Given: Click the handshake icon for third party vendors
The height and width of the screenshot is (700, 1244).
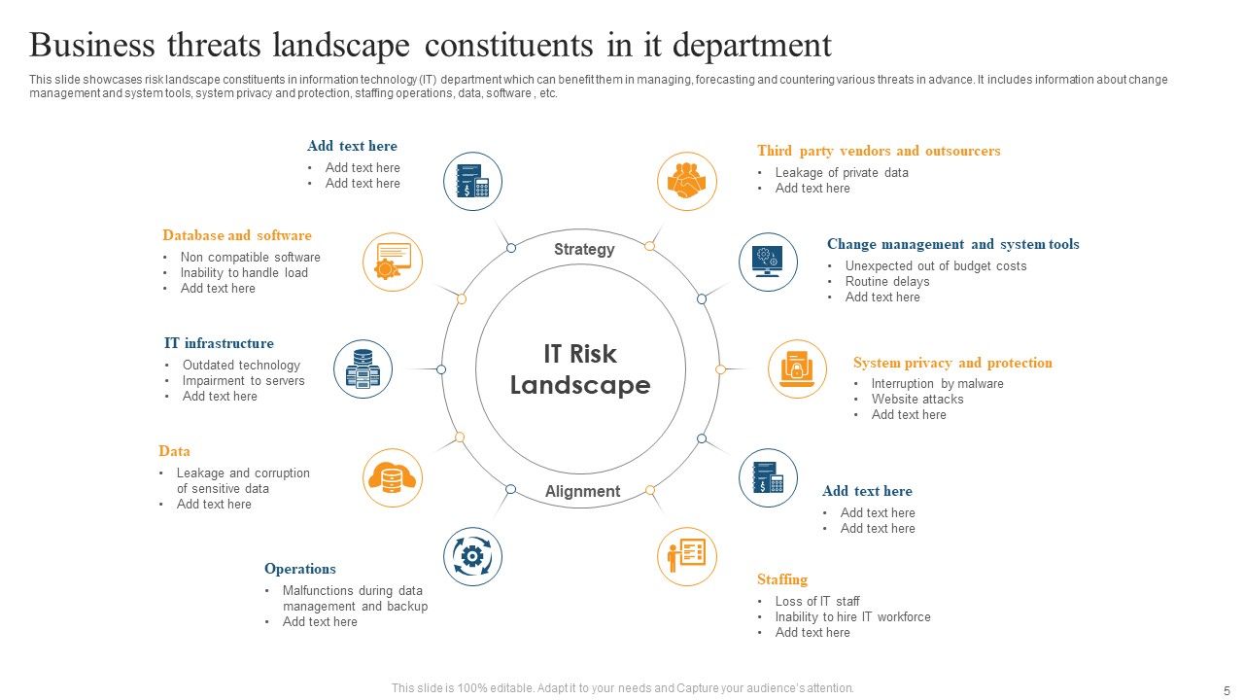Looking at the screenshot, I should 687,181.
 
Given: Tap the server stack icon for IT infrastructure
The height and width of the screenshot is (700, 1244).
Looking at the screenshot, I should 363,369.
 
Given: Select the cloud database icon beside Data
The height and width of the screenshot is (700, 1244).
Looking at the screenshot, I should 393,478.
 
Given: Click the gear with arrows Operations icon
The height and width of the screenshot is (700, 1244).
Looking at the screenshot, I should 472,556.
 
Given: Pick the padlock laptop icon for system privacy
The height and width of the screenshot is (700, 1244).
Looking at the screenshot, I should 797,369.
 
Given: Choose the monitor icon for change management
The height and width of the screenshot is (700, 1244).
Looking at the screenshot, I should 768,262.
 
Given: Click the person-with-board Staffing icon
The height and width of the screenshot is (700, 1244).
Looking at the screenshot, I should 687,557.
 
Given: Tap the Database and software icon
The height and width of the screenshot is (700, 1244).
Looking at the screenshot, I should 393,262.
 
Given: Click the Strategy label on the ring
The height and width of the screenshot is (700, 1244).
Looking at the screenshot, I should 584,250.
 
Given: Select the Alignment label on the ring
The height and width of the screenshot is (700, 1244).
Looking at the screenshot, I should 582,492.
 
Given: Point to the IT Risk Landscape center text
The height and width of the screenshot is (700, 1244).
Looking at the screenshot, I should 580,369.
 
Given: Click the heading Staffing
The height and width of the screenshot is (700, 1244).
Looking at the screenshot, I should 782,579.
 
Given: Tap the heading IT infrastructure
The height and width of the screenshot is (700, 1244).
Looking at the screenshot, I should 219,343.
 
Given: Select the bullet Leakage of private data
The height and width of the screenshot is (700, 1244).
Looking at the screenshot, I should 842,173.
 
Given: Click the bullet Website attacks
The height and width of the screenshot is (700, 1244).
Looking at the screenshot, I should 917,400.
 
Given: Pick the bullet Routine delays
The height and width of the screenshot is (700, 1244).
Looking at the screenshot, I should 887,282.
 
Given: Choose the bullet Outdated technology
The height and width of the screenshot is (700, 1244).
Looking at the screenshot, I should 241,366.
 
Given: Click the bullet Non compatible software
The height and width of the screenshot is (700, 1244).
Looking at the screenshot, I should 250,258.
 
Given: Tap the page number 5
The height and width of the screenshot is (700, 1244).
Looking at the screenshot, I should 1226,689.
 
